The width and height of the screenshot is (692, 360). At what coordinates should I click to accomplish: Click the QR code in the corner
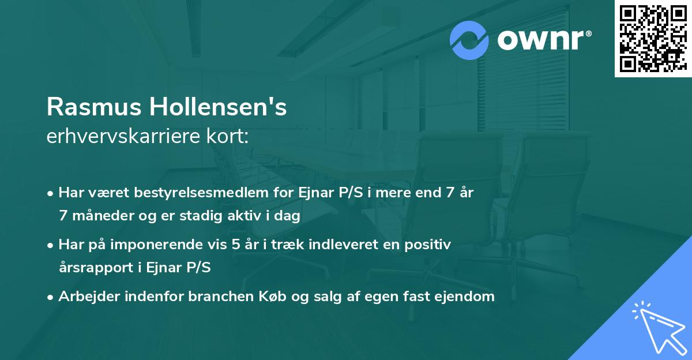click(653, 39)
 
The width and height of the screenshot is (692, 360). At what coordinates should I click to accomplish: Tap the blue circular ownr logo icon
click(469, 40)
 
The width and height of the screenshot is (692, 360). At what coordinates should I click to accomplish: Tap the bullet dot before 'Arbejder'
click(51, 298)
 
